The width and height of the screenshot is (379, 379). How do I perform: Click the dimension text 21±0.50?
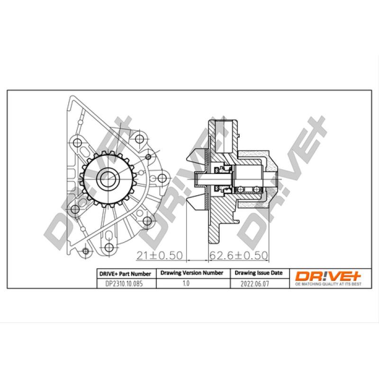159,255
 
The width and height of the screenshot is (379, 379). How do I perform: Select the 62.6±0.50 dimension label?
239,255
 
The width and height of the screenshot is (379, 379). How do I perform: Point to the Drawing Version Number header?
192,273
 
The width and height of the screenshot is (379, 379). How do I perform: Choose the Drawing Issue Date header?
259,273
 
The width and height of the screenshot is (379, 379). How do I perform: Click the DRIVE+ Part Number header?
125,274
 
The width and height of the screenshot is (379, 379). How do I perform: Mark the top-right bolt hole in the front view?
139,139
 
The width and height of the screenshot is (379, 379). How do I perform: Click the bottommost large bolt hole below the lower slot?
85,251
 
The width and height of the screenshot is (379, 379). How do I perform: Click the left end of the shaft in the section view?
197,179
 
